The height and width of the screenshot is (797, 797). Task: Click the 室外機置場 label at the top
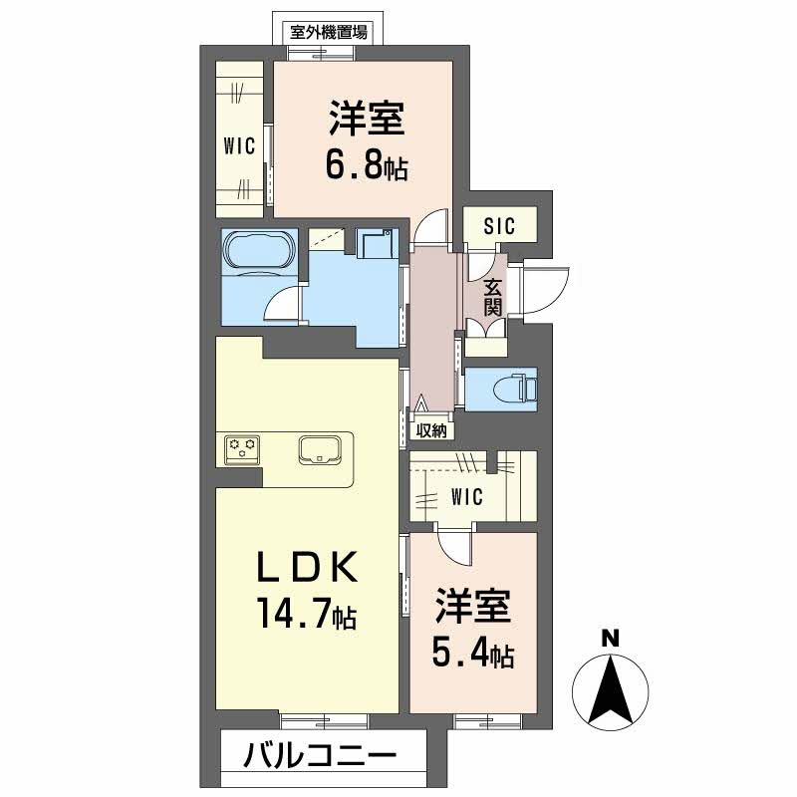tap(328, 31)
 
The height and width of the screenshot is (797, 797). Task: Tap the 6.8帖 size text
tap(366, 164)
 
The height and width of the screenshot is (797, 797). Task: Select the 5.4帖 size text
tap(472, 654)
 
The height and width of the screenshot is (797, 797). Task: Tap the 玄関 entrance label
tap(493, 297)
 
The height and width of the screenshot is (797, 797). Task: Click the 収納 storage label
tap(431, 430)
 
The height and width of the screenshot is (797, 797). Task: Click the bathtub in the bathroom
tap(258, 251)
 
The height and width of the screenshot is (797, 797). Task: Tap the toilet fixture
tap(516, 389)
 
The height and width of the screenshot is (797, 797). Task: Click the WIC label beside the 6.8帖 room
tap(239, 146)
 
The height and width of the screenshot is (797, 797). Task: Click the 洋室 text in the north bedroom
tap(367, 121)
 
